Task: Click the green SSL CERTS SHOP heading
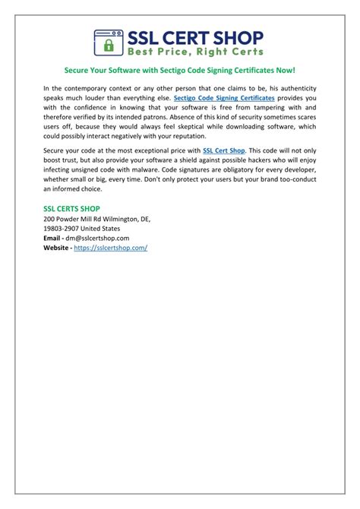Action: click(71, 208)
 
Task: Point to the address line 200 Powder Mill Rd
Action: click(96, 218)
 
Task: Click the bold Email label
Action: click(55, 238)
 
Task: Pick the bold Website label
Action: click(58, 248)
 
